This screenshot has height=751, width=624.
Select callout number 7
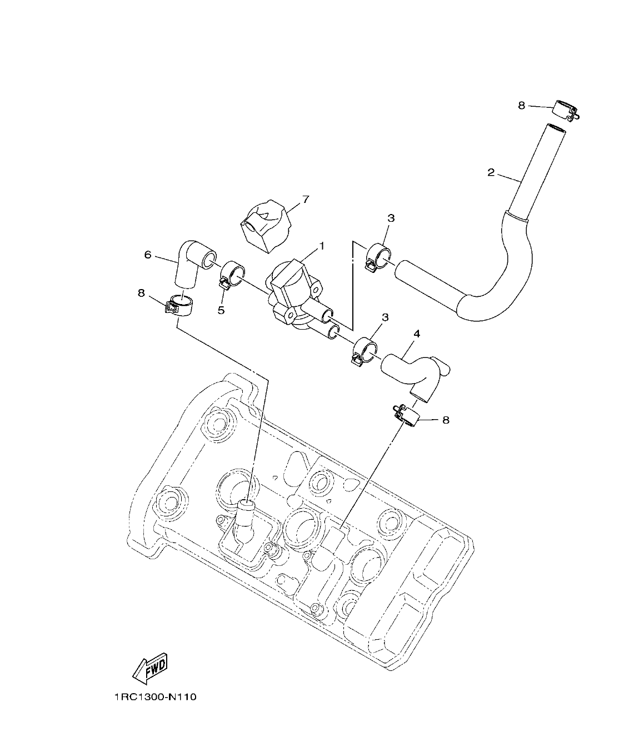pyautogui.click(x=305, y=200)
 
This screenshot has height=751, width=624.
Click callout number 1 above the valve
pyautogui.click(x=321, y=245)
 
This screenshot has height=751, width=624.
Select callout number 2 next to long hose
pyautogui.click(x=491, y=173)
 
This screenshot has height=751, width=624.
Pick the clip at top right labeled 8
pyautogui.click(x=566, y=110)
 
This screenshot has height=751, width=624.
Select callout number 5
pyautogui.click(x=221, y=310)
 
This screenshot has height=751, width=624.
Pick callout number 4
pyautogui.click(x=417, y=334)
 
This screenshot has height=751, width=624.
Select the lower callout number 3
pyautogui.click(x=385, y=317)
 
